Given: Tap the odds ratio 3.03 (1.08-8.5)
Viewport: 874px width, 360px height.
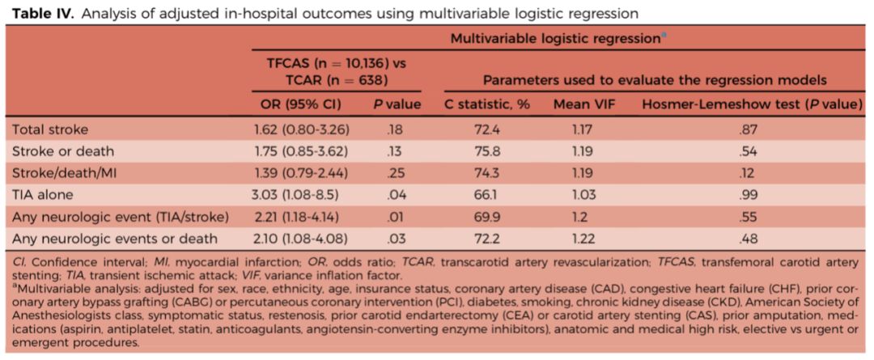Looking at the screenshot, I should pyautogui.click(x=297, y=194).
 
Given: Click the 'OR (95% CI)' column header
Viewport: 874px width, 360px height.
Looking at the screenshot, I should pyautogui.click(x=297, y=104).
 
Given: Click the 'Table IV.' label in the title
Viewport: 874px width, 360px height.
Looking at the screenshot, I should pyautogui.click(x=36, y=14).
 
